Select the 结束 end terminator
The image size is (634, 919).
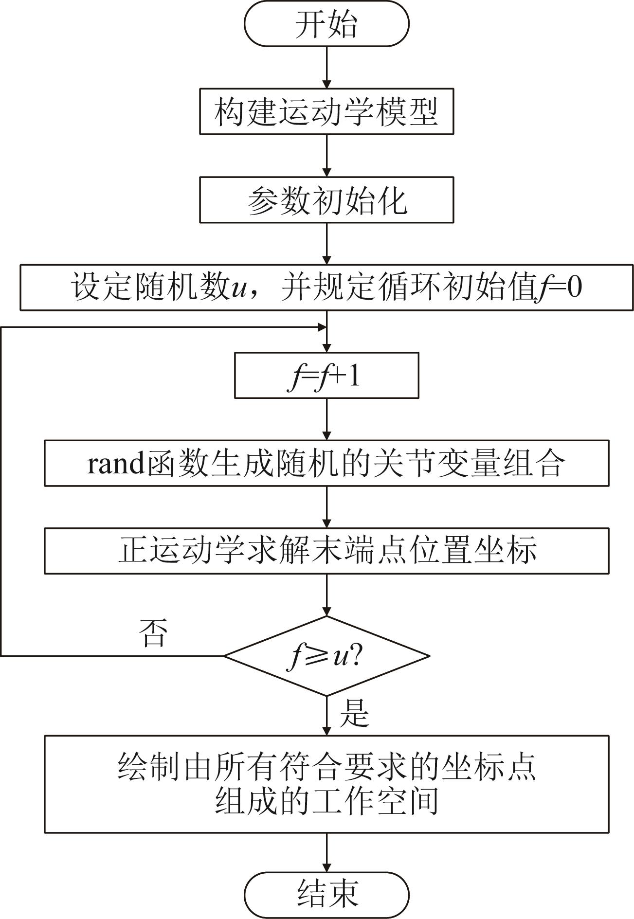tap(326, 894)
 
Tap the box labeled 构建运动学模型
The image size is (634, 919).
tap(326, 111)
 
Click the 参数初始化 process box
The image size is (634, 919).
tap(326, 200)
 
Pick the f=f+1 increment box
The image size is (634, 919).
tap(326, 376)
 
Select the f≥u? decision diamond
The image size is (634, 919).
tap(326, 656)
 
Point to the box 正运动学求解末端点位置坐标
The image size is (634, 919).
tap(326, 551)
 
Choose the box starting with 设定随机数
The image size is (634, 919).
tap(326, 288)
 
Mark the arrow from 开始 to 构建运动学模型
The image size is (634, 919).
tap(326, 68)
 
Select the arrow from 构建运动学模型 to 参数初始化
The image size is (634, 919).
tap(326, 156)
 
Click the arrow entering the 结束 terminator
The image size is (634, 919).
tap(326, 852)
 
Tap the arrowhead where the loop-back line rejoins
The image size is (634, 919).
tap(321, 327)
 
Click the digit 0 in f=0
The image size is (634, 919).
tap(574, 288)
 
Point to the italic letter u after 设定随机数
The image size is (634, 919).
tap(237, 288)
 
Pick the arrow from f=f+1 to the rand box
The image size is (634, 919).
tap(326, 419)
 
